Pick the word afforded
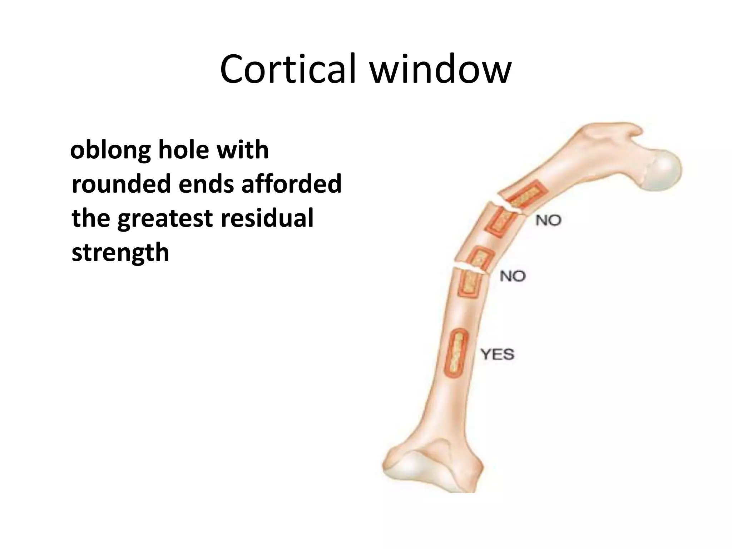291,184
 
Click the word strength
120,252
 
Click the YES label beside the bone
497,355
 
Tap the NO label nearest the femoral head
548,220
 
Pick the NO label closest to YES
513,276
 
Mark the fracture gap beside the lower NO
470,270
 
